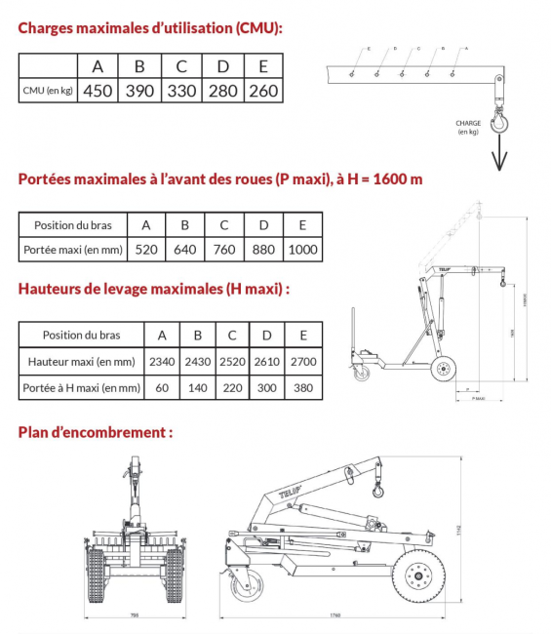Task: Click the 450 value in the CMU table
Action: coord(98,92)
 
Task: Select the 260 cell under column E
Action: coord(262,92)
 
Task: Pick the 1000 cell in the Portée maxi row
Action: coord(303,250)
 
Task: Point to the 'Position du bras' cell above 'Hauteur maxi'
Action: coord(81,335)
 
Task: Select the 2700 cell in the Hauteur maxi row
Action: coord(303,362)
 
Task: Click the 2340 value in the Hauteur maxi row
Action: coord(161,362)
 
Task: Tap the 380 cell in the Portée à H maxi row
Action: coord(303,388)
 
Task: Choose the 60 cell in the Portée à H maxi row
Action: coord(161,388)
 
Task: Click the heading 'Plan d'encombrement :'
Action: coord(96,431)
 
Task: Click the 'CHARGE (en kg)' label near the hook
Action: coord(468,128)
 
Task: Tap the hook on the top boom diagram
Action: coord(500,121)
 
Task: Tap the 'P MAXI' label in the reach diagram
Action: coord(477,398)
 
